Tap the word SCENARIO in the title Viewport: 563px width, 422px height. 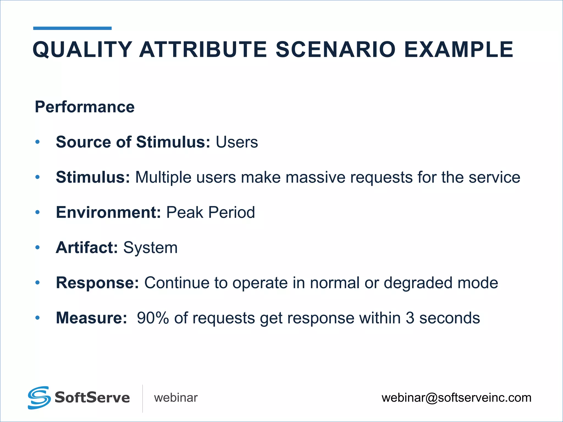[336, 50]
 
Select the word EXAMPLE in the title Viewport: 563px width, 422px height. [459, 50]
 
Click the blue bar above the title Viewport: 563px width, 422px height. [72, 28]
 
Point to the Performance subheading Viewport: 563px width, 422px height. [85, 107]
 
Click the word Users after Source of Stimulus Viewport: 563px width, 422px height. [237, 142]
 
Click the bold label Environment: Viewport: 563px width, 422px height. [108, 212]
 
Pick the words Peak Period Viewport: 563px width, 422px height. [211, 212]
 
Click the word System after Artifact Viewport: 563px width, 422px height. [150, 248]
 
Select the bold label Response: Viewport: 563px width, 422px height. [97, 283]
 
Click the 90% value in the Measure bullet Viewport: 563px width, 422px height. [153, 318]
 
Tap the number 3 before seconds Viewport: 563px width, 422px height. [410, 318]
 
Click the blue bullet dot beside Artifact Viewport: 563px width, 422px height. [38, 248]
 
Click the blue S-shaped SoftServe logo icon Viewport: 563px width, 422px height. [39, 398]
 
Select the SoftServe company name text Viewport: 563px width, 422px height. [92, 398]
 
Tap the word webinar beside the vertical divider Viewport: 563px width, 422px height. [176, 398]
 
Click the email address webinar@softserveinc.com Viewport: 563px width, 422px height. [456, 398]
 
